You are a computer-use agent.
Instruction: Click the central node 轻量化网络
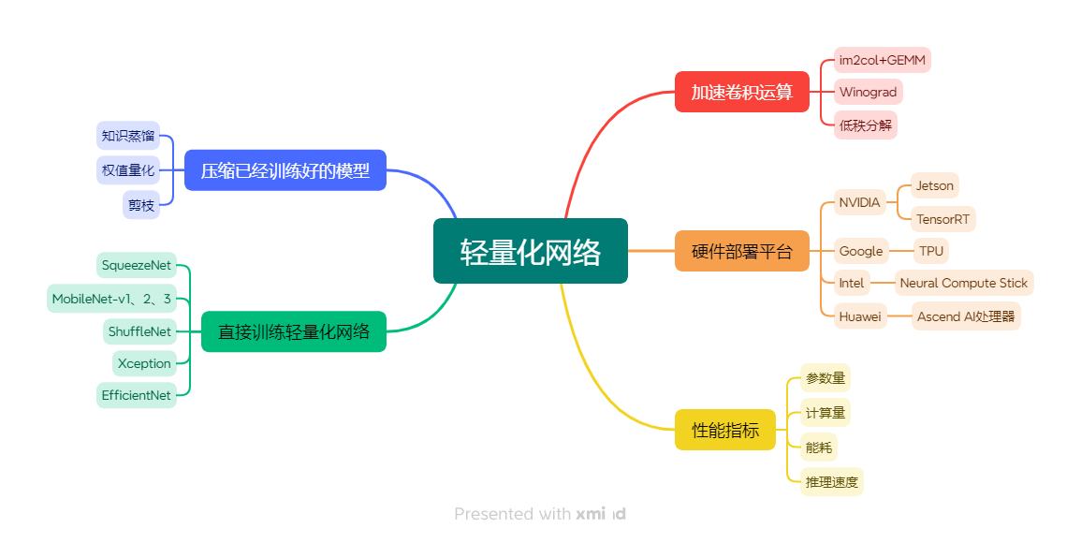click(530, 251)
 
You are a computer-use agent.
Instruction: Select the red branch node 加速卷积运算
click(741, 92)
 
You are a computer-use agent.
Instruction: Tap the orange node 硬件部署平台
click(741, 251)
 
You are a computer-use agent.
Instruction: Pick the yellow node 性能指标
click(725, 430)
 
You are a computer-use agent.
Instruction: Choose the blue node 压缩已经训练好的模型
click(285, 170)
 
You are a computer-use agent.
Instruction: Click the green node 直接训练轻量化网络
click(293, 331)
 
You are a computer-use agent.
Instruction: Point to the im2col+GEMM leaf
click(883, 60)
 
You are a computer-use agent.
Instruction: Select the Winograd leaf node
click(868, 92)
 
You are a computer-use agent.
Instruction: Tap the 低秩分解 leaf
click(865, 125)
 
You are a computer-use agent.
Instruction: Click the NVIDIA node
click(859, 202)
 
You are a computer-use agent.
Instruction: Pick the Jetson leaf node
click(934, 185)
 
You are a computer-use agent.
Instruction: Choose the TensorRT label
click(942, 219)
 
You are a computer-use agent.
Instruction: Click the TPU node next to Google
click(930, 251)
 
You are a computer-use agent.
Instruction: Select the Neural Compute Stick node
click(963, 283)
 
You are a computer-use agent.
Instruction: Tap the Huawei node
click(859, 316)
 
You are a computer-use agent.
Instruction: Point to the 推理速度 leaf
click(831, 482)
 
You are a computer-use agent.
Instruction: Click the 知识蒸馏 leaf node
click(128, 135)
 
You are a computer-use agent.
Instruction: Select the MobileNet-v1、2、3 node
click(111, 299)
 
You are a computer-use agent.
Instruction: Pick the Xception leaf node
click(144, 363)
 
